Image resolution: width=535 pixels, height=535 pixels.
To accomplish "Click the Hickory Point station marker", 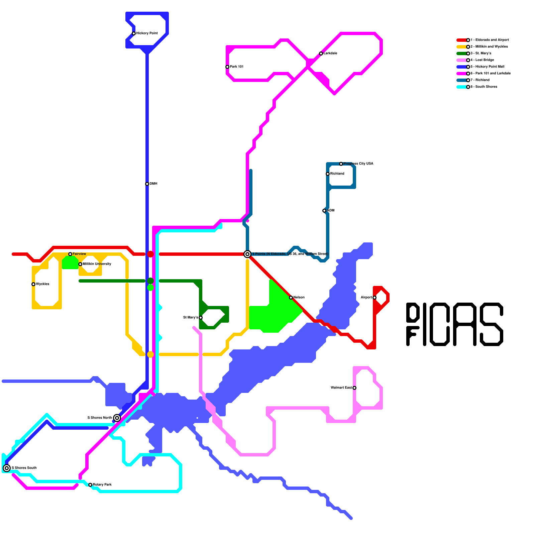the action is click(134, 33).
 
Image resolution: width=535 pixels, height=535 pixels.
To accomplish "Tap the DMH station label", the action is click(153, 184).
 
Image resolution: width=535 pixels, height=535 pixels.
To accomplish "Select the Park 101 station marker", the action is click(227, 67).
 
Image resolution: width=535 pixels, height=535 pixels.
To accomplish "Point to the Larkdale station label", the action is click(330, 53).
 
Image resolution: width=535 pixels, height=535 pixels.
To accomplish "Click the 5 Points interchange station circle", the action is click(247, 254).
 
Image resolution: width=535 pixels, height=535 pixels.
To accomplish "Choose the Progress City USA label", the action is click(358, 164).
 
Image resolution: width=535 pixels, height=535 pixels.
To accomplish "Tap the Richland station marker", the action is click(328, 174).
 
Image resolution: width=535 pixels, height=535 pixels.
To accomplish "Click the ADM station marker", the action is click(324, 211).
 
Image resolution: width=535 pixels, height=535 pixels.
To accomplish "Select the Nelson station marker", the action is click(291, 298).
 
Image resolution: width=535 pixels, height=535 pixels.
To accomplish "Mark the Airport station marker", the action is click(374, 298).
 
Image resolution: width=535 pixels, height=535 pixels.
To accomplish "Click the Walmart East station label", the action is click(341, 388).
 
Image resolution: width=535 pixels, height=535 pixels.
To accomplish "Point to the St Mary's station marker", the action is click(201, 318).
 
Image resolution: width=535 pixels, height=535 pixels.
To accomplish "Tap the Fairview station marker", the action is click(70, 254).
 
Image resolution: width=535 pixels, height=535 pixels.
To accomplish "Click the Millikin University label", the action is click(97, 264).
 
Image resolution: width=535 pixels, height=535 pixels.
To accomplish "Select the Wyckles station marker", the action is click(33, 284).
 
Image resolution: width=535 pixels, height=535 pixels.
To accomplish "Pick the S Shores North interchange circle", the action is click(117, 418).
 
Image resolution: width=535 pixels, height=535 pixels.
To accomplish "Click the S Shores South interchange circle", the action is click(7, 468).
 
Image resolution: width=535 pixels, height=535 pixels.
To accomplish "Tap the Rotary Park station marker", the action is click(90, 485).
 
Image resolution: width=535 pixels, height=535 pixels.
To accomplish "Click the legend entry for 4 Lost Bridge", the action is click(482, 60).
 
